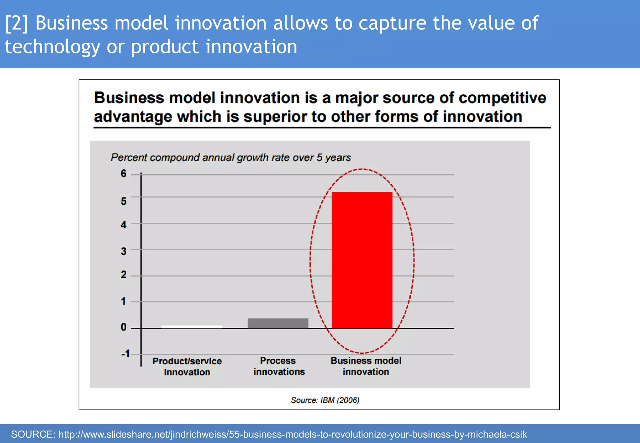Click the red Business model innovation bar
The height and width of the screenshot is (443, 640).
click(362, 260)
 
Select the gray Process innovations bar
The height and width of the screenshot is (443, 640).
click(278, 323)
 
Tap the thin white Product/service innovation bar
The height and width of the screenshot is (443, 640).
click(192, 327)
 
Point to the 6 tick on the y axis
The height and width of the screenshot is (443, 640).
click(123, 174)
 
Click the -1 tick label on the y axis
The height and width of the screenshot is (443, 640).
click(125, 354)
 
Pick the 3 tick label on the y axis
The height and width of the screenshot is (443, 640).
click(123, 251)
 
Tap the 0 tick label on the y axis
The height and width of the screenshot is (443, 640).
click(123, 327)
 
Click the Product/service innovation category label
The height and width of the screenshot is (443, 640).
click(187, 366)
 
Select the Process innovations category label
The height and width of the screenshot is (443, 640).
click(279, 366)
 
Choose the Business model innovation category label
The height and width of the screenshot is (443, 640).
click(366, 366)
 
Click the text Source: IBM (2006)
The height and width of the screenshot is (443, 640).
click(325, 400)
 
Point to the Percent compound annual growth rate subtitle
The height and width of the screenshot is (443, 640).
click(231, 157)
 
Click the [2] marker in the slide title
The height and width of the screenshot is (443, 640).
click(17, 23)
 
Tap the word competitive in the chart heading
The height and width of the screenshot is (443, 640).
click(502, 98)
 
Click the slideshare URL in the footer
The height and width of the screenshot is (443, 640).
click(292, 434)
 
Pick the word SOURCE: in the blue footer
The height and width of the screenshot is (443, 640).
click(33, 434)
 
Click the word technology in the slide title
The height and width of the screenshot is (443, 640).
click(52, 47)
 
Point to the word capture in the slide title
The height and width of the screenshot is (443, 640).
click(392, 23)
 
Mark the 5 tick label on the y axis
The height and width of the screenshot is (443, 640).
click(123, 201)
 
